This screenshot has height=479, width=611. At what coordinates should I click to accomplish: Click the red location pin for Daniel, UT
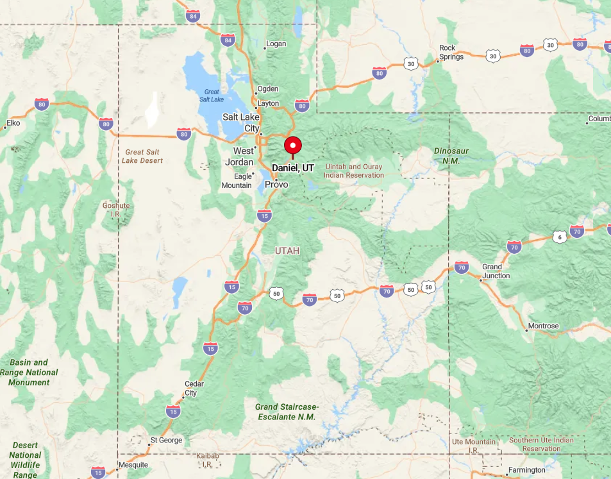click(293, 146)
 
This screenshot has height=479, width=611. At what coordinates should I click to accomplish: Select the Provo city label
click(276, 185)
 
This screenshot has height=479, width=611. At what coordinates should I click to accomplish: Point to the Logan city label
click(276, 44)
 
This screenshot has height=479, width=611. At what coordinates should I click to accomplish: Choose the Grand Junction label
click(496, 271)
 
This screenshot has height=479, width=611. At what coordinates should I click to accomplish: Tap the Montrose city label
click(542, 326)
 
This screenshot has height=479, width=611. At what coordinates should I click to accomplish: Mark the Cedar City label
click(194, 389)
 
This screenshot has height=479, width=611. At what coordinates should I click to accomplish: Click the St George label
click(166, 441)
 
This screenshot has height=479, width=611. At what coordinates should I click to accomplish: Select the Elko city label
click(13, 122)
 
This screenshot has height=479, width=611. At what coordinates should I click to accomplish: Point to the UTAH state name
click(287, 251)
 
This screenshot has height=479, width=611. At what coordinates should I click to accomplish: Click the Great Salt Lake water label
click(212, 96)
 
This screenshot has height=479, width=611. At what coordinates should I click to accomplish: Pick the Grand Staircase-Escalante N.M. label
click(287, 412)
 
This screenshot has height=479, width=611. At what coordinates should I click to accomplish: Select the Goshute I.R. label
click(116, 210)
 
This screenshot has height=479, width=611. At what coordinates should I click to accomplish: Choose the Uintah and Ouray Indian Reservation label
click(354, 171)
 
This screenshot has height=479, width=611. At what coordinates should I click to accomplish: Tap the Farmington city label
click(526, 470)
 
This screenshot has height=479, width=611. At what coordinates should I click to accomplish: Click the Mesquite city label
click(133, 465)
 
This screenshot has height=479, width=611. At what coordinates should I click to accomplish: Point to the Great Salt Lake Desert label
click(142, 156)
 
